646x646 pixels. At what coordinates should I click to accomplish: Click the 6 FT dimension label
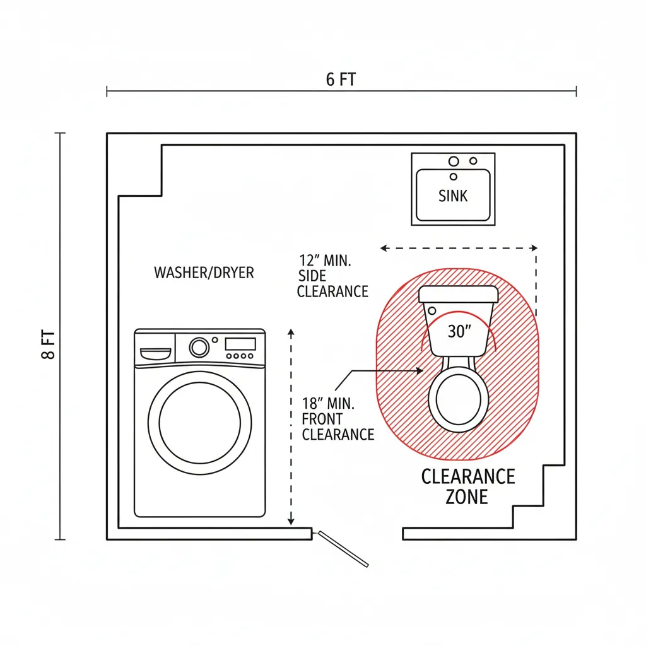coord(341,79)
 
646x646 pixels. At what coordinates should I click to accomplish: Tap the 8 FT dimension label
coord(49,344)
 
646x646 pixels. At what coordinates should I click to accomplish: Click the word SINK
coord(453,196)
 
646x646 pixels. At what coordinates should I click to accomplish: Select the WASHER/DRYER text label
coord(204,273)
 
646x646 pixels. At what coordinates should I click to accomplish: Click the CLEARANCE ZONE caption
coord(467,486)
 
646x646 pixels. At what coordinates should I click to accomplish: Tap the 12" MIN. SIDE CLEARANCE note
coord(332,276)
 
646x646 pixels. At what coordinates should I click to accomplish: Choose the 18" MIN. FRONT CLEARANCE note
coord(338,419)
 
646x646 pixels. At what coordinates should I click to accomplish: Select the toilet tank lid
coord(459,293)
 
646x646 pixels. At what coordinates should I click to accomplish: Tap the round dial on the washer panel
coord(199,346)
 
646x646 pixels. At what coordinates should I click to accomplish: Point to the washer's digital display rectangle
coord(240,344)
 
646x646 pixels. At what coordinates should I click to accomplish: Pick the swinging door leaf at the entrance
coord(343,549)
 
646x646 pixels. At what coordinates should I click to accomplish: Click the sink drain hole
coord(454,177)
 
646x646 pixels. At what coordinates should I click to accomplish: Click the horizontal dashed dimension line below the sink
coord(459,249)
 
